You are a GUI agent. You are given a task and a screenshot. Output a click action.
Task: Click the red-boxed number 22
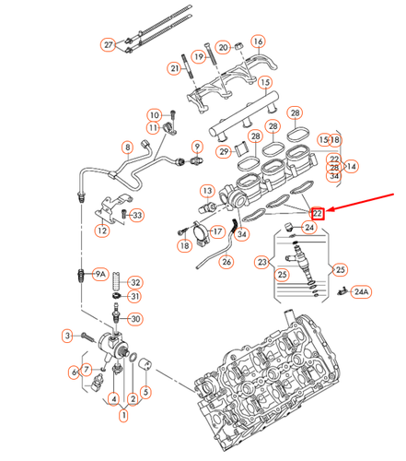(x=318, y=213)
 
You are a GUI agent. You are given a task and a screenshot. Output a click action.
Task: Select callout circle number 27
(x=109, y=45)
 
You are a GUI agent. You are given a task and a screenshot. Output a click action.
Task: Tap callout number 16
(x=258, y=41)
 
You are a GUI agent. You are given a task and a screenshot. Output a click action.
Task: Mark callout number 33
(x=137, y=216)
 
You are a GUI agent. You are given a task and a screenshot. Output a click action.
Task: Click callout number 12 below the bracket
(x=102, y=231)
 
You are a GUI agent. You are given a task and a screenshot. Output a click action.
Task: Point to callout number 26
(x=226, y=262)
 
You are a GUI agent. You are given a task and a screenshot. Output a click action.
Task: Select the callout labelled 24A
(x=360, y=292)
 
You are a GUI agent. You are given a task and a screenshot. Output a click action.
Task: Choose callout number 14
(x=352, y=166)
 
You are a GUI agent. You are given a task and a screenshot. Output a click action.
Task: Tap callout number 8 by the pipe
(x=127, y=148)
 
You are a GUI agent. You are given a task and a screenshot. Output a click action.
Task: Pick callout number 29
(x=223, y=151)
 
